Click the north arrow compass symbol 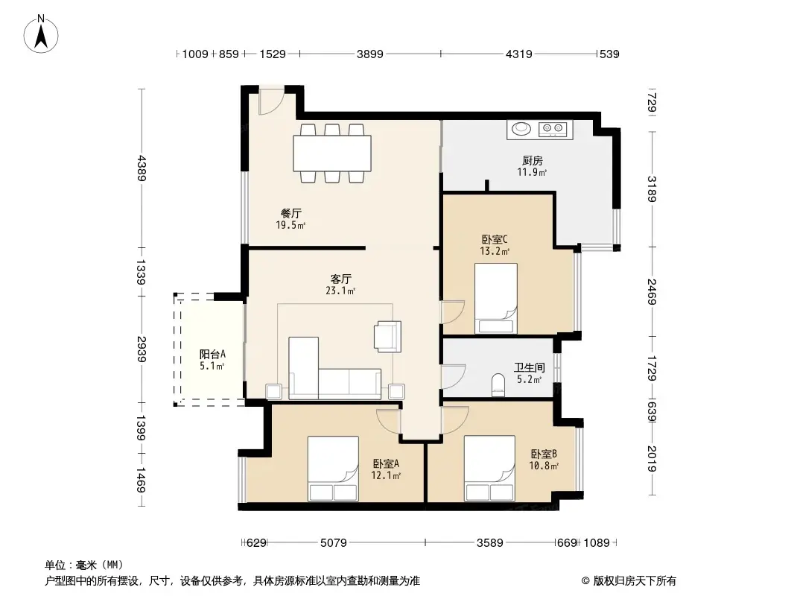(41, 34)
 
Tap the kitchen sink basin (521, 129)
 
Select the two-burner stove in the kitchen (553, 129)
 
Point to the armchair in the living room (387, 336)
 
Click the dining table (332, 153)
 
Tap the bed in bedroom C (496, 298)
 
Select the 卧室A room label (386, 463)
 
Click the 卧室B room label (544, 454)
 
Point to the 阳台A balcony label (212, 354)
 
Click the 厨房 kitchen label (533, 160)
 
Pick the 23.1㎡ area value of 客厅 (340, 291)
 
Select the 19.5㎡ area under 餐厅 (290, 225)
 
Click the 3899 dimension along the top (369, 54)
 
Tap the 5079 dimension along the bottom (333, 543)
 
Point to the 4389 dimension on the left (142, 168)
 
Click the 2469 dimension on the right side (652, 292)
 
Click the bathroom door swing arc (453, 376)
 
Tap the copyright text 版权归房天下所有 (635, 581)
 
